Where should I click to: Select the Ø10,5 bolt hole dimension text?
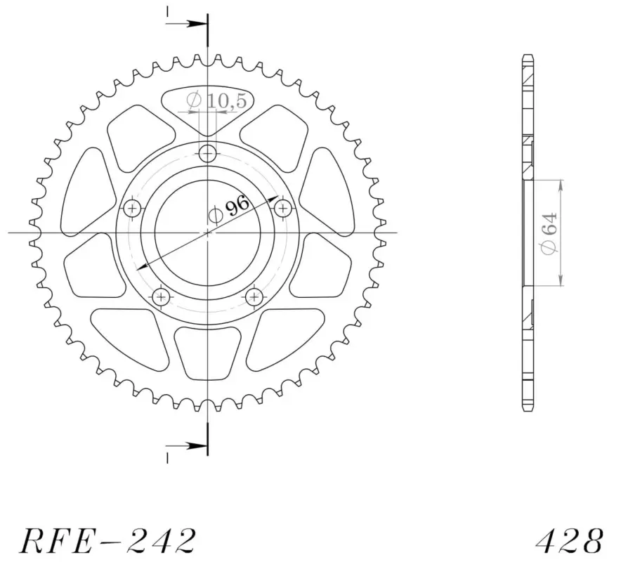(x=216, y=101)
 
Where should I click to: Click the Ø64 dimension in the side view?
(x=549, y=233)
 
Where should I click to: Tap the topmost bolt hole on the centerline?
(x=207, y=153)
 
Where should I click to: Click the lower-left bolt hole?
(x=161, y=297)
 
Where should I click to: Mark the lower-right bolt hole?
(x=254, y=297)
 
